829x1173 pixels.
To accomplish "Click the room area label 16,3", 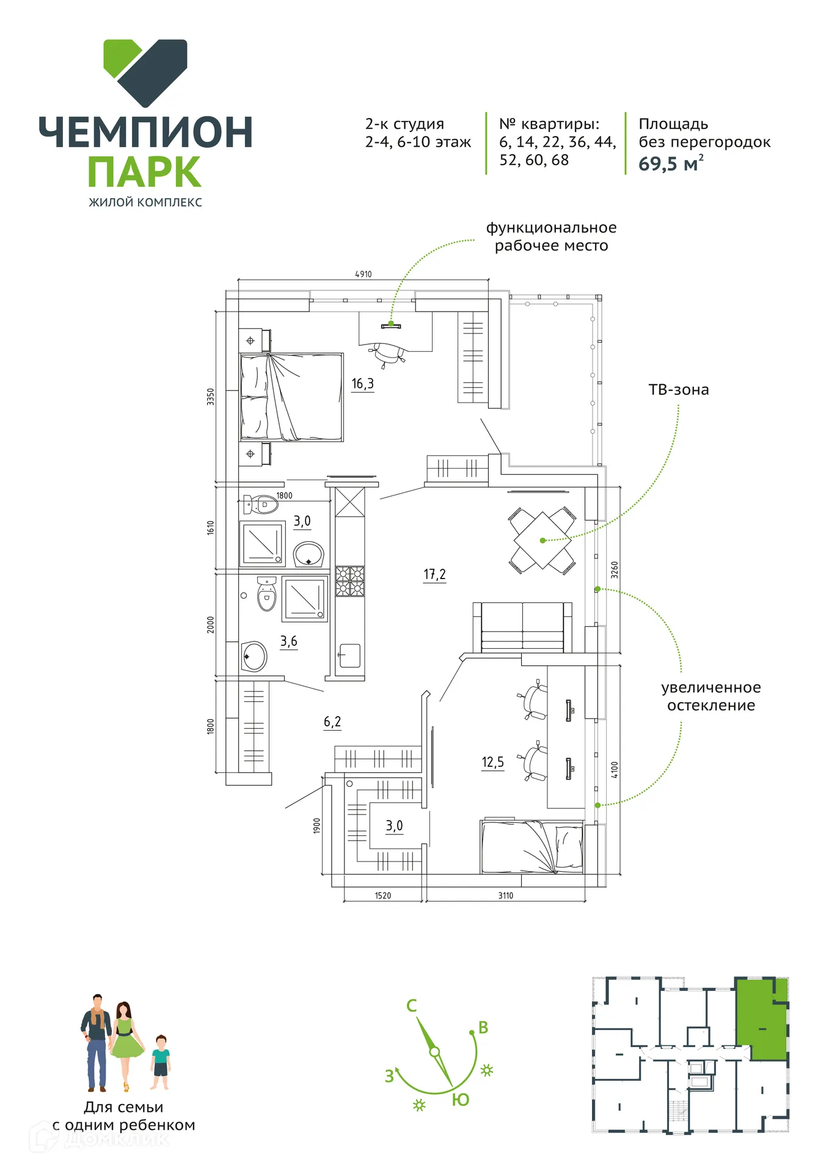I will (x=362, y=384).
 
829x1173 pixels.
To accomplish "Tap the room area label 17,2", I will (x=434, y=574).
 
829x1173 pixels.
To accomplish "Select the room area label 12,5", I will (x=492, y=762).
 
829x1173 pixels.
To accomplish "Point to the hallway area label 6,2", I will (x=332, y=722).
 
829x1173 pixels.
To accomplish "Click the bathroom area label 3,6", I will (x=289, y=641).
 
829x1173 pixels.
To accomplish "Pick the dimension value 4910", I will (x=363, y=274).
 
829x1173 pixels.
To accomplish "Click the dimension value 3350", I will (x=211, y=396).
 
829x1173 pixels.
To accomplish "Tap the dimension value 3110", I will (x=506, y=896).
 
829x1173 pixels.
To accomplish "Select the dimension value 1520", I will (x=383, y=896).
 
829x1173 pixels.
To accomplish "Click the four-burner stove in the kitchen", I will (x=350, y=581).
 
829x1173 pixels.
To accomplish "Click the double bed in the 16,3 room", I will (x=291, y=397).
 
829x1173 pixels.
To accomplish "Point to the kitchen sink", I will (x=349, y=656).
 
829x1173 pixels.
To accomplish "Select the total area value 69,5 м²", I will (x=671, y=164).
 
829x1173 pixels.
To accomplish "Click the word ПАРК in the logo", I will (x=145, y=172).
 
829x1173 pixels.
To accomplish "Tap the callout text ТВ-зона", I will (x=678, y=390).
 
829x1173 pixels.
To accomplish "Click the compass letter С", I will (x=412, y=1006).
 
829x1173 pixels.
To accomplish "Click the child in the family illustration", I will (x=161, y=1062).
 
